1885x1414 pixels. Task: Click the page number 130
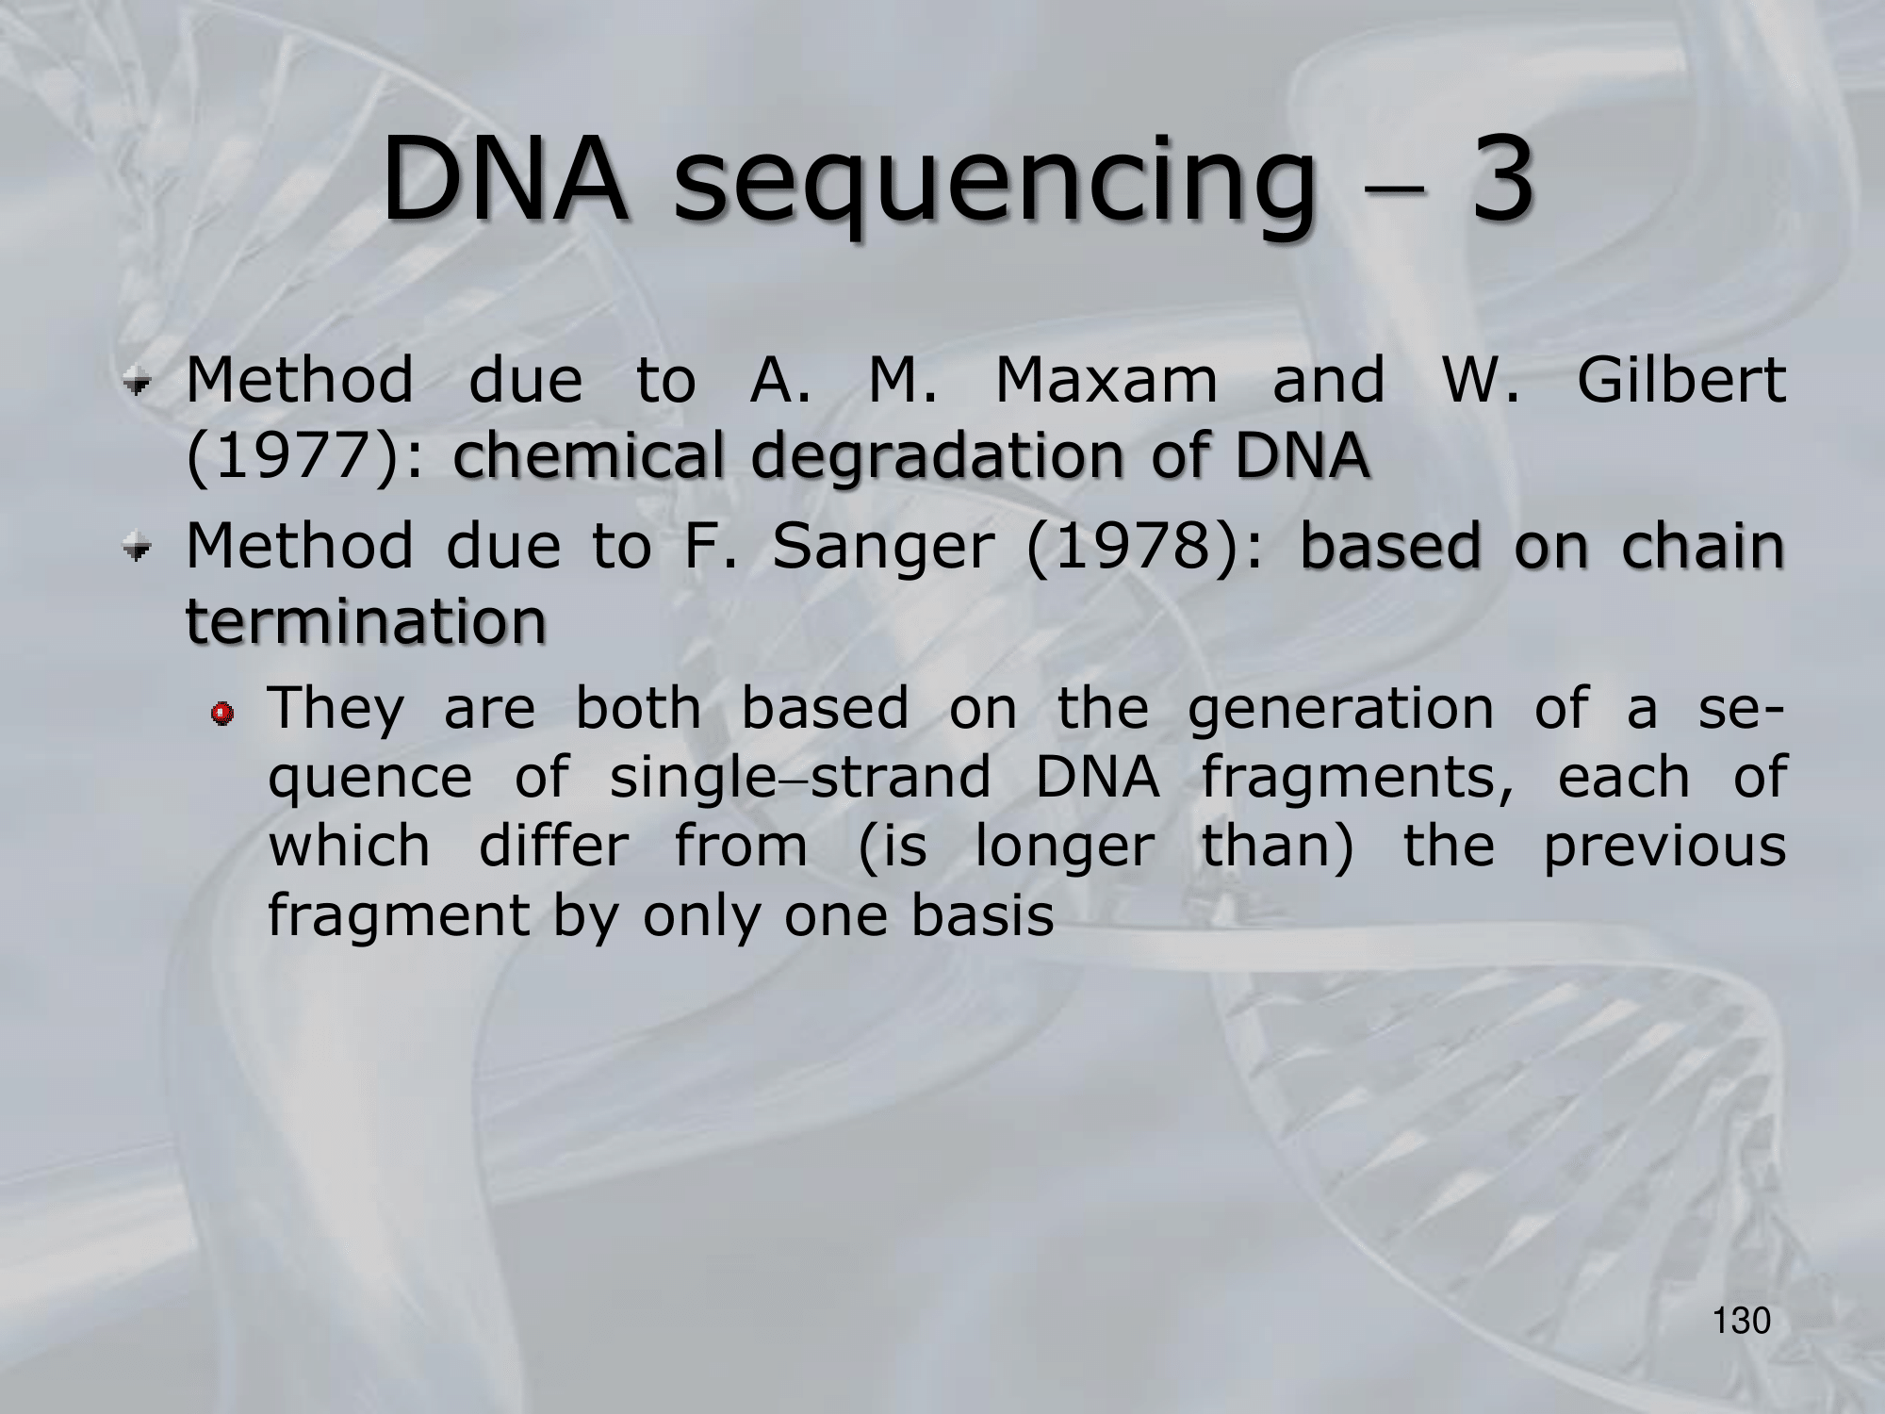1742,1322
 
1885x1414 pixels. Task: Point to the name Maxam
1106,380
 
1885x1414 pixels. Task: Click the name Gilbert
1681,380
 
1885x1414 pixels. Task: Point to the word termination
366,621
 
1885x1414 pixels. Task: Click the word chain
1703,546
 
